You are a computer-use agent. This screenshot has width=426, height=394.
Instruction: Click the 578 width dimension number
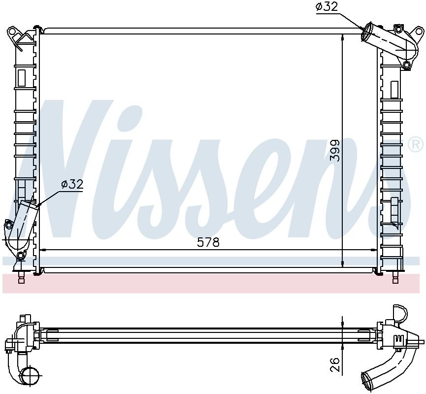[x=208, y=242]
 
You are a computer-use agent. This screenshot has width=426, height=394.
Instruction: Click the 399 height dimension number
[x=335, y=151]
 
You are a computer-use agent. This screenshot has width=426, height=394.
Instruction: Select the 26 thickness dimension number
[x=335, y=364]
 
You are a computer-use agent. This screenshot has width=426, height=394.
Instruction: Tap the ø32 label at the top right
[x=327, y=6]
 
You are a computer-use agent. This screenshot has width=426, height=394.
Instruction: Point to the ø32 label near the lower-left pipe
[x=72, y=185]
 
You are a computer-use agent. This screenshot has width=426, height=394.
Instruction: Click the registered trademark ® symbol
[x=416, y=145]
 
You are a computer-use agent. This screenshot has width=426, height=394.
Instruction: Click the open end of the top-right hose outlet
[x=366, y=32]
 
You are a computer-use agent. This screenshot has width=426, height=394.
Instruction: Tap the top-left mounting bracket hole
[x=12, y=31]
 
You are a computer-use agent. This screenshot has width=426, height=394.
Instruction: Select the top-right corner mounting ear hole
[x=419, y=32]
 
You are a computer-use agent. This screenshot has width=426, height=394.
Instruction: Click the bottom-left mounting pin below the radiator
[x=21, y=277]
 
